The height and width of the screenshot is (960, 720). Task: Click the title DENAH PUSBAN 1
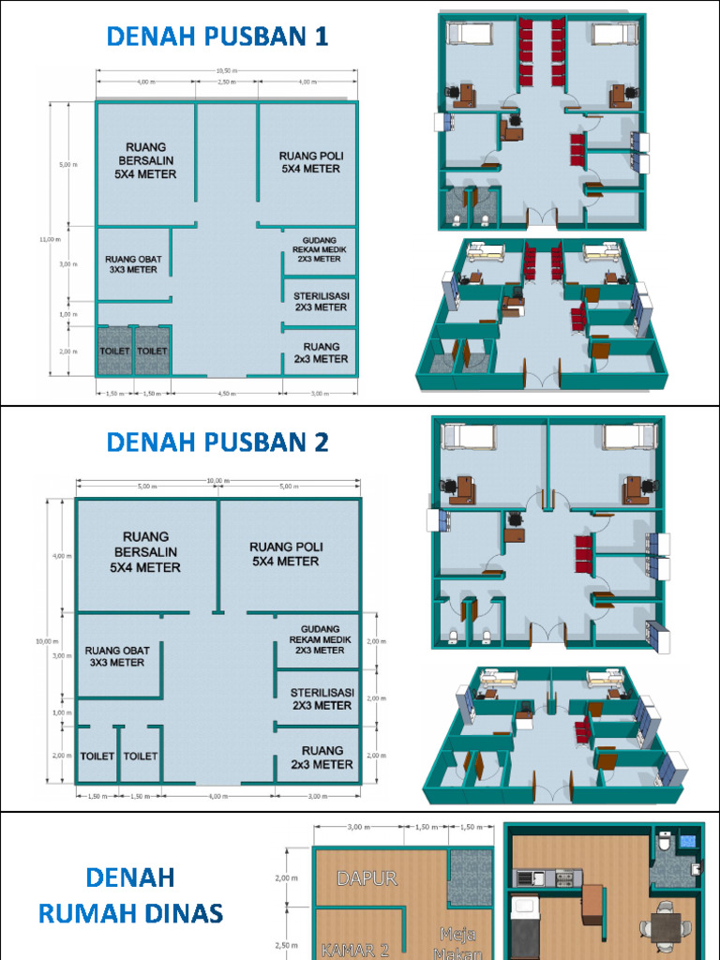[217, 37]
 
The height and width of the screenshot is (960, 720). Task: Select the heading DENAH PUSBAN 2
[217, 442]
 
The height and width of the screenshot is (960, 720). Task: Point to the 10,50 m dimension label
[225, 70]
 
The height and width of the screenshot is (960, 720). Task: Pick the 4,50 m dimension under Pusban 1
[225, 394]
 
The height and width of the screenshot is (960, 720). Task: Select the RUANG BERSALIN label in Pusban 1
[144, 160]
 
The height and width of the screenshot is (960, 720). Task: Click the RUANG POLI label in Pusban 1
[309, 162]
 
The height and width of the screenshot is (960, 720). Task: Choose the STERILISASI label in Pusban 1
[321, 301]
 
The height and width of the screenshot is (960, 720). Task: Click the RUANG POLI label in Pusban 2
[284, 554]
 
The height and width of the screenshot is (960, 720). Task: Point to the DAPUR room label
[367, 879]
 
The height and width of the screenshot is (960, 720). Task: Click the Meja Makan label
[459, 943]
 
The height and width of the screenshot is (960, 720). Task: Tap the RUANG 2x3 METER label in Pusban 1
[321, 352]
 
